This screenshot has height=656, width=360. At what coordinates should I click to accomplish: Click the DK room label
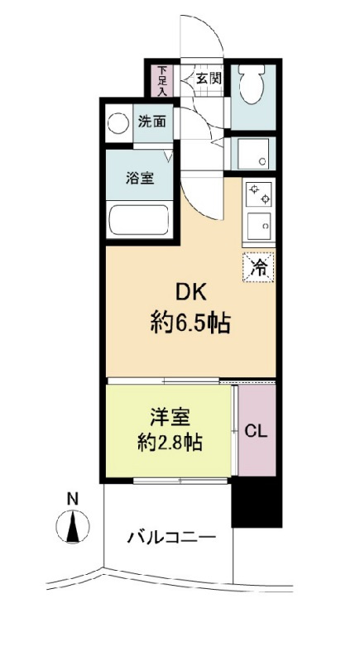[x=190, y=293]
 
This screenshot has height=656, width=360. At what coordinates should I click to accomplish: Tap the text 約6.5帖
[x=190, y=324]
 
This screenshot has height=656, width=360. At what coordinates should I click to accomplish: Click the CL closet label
[x=255, y=431]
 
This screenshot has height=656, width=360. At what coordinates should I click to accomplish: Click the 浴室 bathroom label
[x=138, y=177]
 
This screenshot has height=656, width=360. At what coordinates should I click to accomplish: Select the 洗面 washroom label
[x=151, y=121]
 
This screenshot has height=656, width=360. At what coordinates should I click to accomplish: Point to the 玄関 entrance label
[x=208, y=79]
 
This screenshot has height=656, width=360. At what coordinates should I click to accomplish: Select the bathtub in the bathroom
[x=139, y=221]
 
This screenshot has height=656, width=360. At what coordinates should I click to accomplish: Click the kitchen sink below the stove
[x=260, y=224]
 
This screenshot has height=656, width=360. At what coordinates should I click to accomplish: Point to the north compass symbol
[x=73, y=525]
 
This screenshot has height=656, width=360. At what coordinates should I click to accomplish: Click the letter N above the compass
[x=73, y=499]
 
